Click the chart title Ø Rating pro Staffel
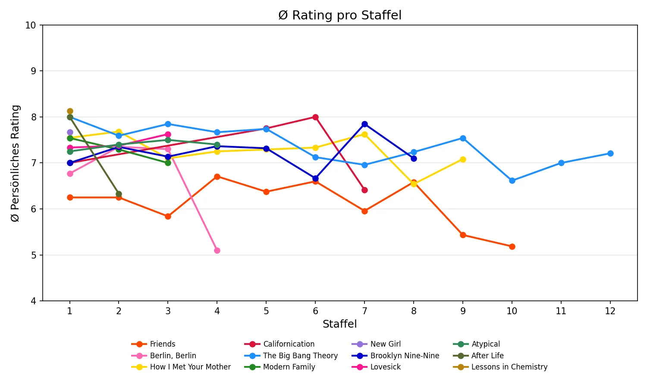pyautogui.click(x=340, y=16)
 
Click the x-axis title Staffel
pyautogui.click(x=339, y=324)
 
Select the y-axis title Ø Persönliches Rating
pyautogui.click(x=16, y=163)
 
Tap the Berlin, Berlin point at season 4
pyautogui.click(x=217, y=250)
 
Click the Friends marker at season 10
pyautogui.click(x=512, y=246)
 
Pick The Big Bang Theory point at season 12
pyautogui.click(x=610, y=153)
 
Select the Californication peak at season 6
pyautogui.click(x=315, y=117)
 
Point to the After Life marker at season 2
pyautogui.click(x=119, y=194)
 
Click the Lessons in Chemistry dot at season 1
pyautogui.click(x=70, y=111)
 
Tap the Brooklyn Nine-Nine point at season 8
pyautogui.click(x=414, y=158)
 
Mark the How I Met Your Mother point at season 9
pyautogui.click(x=463, y=159)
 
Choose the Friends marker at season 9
pyautogui.click(x=463, y=235)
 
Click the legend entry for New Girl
pyautogui.click(x=385, y=344)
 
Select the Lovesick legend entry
pyautogui.click(x=385, y=367)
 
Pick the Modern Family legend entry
pyautogui.click(x=289, y=367)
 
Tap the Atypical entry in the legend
pyautogui.click(x=486, y=344)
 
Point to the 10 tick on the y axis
pyautogui.click(x=31, y=25)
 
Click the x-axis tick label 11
pyautogui.click(x=561, y=311)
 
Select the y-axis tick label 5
pyautogui.click(x=33, y=255)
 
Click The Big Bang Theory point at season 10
pyautogui.click(x=512, y=180)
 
